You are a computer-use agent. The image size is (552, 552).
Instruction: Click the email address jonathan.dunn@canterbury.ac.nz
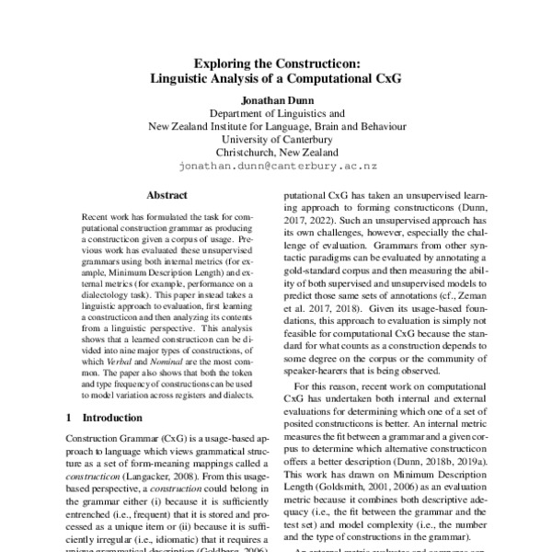click(x=276, y=168)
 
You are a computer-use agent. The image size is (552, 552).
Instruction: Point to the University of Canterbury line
click(x=276, y=139)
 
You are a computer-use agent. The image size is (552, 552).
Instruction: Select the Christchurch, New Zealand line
click(x=276, y=153)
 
